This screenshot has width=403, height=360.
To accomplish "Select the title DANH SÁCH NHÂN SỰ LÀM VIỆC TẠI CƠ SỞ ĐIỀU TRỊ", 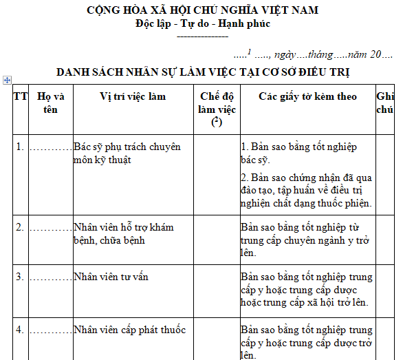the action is tap(203, 72).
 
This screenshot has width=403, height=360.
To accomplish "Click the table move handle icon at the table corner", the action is tap(6, 80).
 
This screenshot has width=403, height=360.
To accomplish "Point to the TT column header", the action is tap(20, 96).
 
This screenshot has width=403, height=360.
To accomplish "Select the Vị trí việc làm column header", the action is tap(133, 96).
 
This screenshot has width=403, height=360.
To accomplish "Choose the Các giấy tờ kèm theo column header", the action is tap(307, 96).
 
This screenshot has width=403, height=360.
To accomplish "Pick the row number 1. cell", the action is tap(20, 147).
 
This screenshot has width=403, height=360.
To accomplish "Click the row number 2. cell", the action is tap(20, 226).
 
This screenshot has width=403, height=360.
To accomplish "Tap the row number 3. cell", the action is tap(20, 277).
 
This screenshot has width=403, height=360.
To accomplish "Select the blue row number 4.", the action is tap(20, 330).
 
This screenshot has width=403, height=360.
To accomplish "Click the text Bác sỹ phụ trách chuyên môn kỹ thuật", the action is tap(127, 153).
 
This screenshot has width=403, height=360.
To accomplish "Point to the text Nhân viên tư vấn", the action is tap(111, 277).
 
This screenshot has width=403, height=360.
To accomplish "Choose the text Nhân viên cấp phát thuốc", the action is tap(129, 330).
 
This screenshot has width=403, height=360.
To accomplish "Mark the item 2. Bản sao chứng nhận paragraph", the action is tap(307, 190).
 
